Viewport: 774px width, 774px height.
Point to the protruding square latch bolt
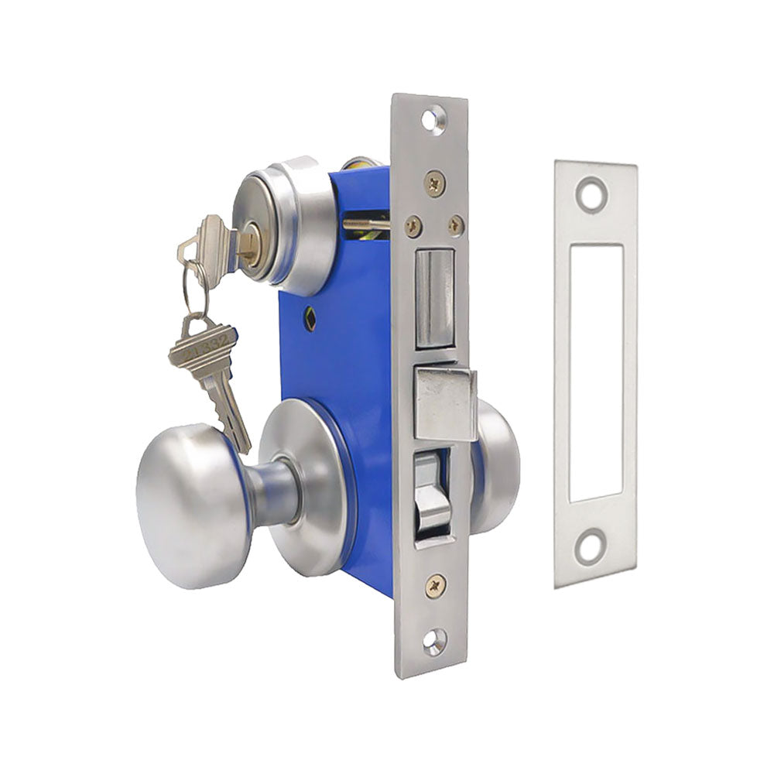click(x=444, y=403)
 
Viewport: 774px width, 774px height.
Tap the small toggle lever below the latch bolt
click(x=434, y=495)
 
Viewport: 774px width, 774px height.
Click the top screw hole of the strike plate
click(x=593, y=191)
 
